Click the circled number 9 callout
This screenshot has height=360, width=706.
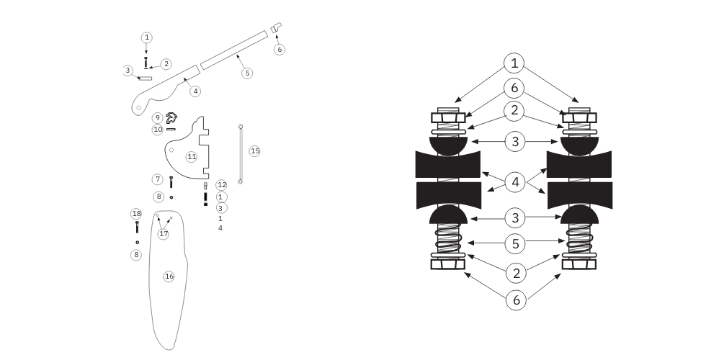click(157, 118)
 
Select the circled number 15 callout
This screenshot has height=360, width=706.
click(255, 150)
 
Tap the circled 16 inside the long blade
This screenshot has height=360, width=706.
click(169, 276)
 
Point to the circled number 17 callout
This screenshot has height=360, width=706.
click(164, 234)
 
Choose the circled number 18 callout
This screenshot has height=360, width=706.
click(136, 213)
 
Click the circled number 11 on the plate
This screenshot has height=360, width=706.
click(192, 157)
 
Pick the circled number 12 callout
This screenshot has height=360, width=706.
click(222, 185)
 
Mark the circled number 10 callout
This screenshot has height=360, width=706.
click(158, 130)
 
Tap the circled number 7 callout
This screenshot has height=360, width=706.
click(158, 179)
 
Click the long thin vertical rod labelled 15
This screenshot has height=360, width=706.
click(241, 154)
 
